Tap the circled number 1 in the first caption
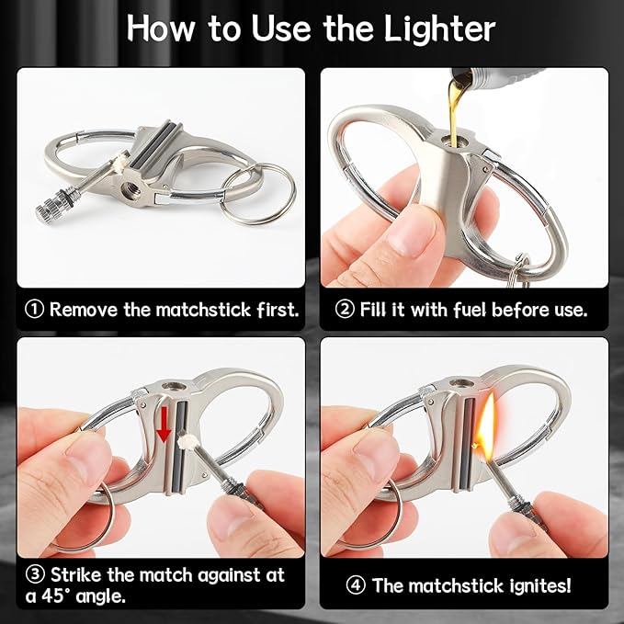tap(34, 309)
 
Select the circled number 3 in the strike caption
tap(32, 575)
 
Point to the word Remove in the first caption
tap(85, 309)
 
